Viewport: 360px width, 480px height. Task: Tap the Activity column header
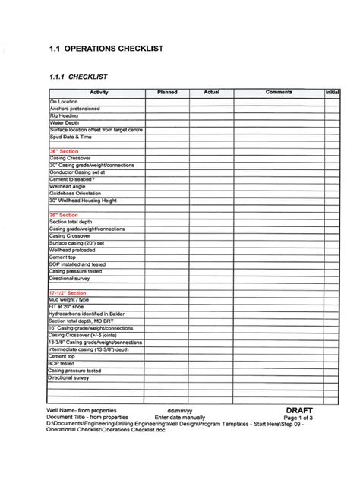(97, 92)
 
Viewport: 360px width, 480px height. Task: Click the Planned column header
(166, 92)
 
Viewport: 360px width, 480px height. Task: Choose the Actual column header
(212, 92)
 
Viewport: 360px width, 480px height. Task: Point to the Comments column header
(279, 92)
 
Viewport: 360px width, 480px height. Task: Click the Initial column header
(332, 92)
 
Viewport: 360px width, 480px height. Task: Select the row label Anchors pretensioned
(75, 109)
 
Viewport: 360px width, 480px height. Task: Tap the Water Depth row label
(65, 122)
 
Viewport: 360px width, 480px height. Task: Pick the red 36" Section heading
(64, 151)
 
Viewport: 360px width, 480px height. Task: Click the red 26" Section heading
(64, 215)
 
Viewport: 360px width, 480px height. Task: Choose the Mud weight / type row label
(71, 300)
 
